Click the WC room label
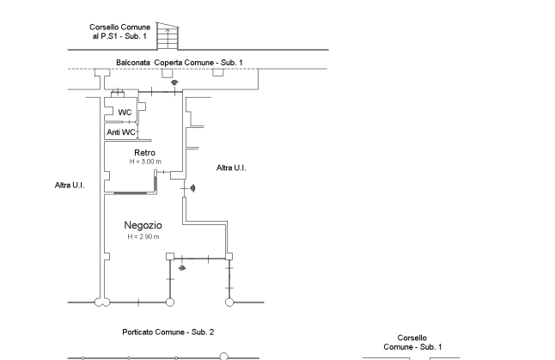click(x=125, y=113)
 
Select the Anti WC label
click(x=120, y=133)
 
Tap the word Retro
click(x=144, y=153)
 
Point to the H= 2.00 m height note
click(x=144, y=162)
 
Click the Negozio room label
click(x=143, y=225)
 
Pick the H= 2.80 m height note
click(x=143, y=236)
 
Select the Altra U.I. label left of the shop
click(x=69, y=185)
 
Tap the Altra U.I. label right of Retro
click(x=231, y=168)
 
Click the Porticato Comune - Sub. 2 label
click(x=168, y=332)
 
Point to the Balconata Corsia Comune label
click(x=179, y=63)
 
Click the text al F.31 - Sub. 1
click(x=119, y=37)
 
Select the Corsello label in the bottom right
click(x=412, y=338)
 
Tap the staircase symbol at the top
click(x=173, y=38)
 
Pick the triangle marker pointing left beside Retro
click(x=192, y=187)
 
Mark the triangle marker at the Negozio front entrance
click(x=181, y=267)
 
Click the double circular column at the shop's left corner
click(x=101, y=302)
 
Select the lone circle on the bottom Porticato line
click(x=223, y=355)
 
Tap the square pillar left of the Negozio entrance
click(x=168, y=256)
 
